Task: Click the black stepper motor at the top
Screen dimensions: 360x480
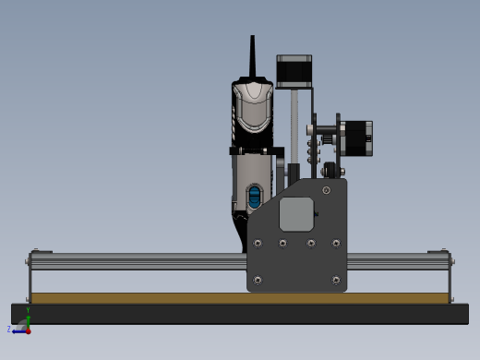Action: coord(294,71)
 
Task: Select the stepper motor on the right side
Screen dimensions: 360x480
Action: coord(356,138)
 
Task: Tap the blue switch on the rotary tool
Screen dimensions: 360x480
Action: coord(255,197)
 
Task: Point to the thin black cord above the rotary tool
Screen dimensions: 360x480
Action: coord(252,56)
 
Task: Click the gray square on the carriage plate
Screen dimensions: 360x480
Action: coord(296,214)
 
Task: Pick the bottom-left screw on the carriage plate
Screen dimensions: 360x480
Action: coord(258,280)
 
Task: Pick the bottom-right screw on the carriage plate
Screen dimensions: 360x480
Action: coord(335,280)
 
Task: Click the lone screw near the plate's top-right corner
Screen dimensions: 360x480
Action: coord(326,190)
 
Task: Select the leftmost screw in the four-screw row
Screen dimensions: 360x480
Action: coord(258,244)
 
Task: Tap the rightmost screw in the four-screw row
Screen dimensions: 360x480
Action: coord(336,244)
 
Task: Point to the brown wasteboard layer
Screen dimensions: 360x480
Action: coord(138,298)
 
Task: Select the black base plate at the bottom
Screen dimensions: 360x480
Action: coord(138,314)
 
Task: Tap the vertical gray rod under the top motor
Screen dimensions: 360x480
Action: coord(294,125)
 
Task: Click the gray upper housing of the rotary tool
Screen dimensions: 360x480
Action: coord(252,106)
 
